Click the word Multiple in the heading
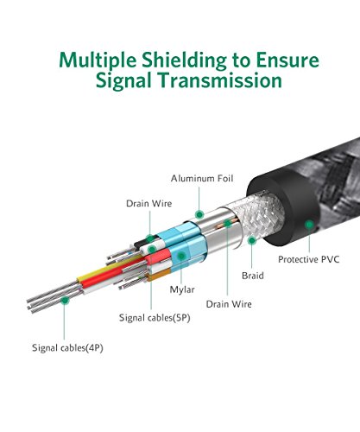(x=98, y=60)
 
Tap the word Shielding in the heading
(x=184, y=60)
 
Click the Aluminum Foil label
(x=202, y=178)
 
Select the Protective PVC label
(x=308, y=259)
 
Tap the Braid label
(x=253, y=276)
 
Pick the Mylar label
(x=182, y=289)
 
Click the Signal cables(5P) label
(x=155, y=318)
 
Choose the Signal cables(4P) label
(x=67, y=347)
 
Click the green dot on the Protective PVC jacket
(x=309, y=225)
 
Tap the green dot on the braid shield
(x=252, y=240)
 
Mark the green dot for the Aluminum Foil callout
(x=199, y=214)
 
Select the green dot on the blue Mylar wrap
(x=181, y=256)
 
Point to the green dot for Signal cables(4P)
(x=65, y=301)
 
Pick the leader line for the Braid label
(x=252, y=257)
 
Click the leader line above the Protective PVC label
(x=309, y=240)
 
